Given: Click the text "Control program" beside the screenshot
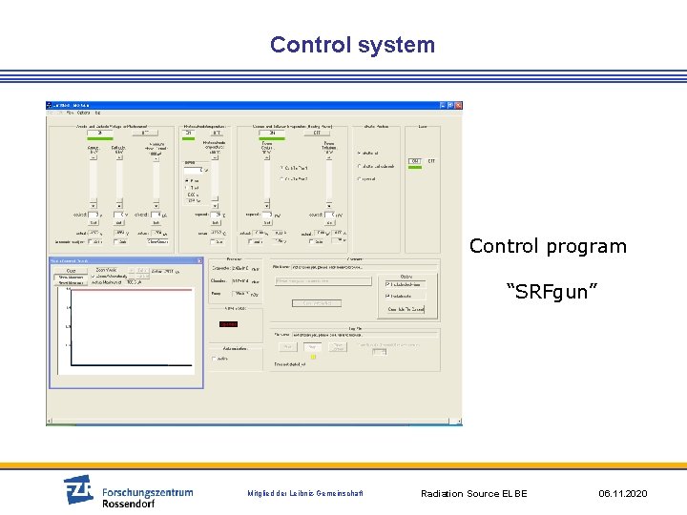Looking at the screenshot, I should [x=548, y=246].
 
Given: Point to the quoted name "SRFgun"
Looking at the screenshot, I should [x=552, y=291].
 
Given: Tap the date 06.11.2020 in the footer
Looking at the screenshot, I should [x=622, y=493].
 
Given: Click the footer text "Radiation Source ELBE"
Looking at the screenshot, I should [x=473, y=493].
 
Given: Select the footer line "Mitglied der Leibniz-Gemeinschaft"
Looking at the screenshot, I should [x=305, y=493].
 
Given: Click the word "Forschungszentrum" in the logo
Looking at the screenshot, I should [x=147, y=492].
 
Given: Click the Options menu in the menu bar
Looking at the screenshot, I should [x=84, y=113].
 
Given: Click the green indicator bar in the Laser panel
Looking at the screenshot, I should [x=414, y=160].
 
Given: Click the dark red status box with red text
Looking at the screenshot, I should [x=229, y=324].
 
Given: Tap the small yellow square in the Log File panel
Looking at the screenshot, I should [x=312, y=357].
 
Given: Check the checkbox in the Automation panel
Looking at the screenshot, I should [x=214, y=359].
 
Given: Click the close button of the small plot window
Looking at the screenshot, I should [x=198, y=260].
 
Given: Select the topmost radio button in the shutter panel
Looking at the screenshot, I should [x=359, y=153].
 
